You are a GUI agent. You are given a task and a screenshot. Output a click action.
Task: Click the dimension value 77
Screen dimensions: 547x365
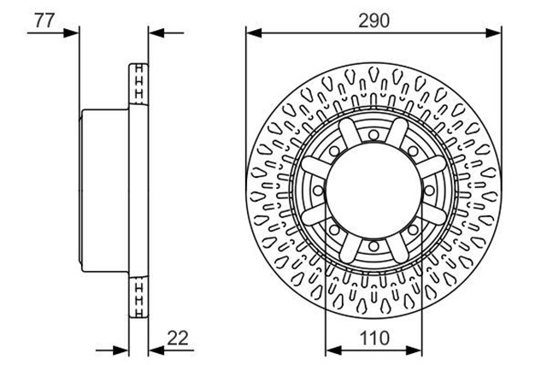tap(44, 21)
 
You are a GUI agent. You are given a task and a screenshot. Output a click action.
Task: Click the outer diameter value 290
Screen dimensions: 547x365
tap(373, 21)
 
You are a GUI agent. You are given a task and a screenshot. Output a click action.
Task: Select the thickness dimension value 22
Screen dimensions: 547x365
tap(178, 338)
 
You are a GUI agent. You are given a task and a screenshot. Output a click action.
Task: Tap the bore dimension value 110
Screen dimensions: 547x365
tap(374, 339)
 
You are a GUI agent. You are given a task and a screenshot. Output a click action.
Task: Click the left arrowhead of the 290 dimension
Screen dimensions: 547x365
tap(254, 33)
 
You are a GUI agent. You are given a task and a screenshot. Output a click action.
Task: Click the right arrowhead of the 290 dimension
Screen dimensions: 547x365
tap(494, 33)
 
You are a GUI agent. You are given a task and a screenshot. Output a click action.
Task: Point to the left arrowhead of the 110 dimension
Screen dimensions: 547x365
tap(333, 350)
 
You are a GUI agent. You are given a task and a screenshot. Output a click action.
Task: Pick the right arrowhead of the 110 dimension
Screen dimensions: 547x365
tap(414, 350)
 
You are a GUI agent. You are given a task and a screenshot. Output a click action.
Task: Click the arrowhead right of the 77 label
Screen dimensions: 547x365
tap(72, 33)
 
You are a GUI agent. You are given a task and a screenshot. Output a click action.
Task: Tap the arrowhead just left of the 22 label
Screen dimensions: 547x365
tap(156, 350)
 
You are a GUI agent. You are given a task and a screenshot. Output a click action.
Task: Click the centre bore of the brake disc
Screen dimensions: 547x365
tap(373, 191)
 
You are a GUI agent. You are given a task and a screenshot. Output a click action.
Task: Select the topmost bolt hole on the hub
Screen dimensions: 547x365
tap(373, 135)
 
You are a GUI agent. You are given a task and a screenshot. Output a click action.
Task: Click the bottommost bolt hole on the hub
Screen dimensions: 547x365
tap(373, 246)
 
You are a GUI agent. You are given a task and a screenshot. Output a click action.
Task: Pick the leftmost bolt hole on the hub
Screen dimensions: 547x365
tap(318, 191)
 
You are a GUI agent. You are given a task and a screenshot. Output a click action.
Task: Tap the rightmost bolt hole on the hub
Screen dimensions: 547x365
tap(429, 191)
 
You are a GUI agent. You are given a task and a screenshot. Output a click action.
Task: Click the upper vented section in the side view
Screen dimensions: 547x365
tap(138, 84)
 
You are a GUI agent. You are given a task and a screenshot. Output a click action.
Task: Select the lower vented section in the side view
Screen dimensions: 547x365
tap(138, 297)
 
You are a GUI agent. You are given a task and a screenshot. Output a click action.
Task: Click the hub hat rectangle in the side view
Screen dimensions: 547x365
tap(104, 191)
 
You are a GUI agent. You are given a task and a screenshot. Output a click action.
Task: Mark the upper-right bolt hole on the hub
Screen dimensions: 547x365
tap(413, 151)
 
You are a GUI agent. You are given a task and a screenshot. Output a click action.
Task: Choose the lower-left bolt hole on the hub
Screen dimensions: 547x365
tap(334, 230)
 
